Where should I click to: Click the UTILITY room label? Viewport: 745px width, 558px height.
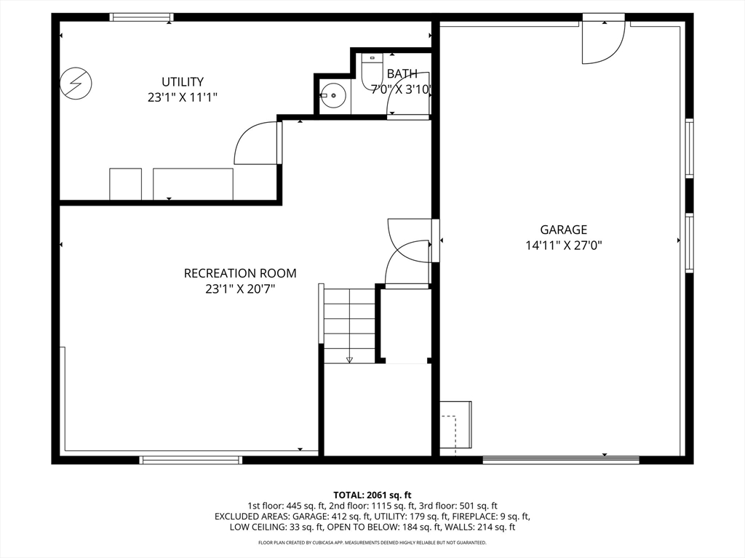tap(183, 81)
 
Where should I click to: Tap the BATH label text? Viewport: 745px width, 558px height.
tap(402, 73)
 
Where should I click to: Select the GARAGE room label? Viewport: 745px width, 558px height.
tap(564, 230)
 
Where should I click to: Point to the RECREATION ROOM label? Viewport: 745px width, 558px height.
tap(240, 273)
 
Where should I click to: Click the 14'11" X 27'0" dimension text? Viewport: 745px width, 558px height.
tap(564, 246)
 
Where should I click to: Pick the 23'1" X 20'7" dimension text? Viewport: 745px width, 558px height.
tap(240, 289)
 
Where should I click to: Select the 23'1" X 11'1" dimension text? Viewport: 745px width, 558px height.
tap(183, 97)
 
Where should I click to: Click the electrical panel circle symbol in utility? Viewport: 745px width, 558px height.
tap(76, 84)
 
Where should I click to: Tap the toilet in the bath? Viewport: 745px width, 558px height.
tap(372, 71)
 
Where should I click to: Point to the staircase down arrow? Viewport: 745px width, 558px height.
tap(349, 360)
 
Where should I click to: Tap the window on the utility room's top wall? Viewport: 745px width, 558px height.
tap(141, 17)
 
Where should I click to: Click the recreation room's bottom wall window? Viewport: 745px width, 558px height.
tap(191, 460)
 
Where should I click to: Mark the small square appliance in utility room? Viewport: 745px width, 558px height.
tap(125, 184)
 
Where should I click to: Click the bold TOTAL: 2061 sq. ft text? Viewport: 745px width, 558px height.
tap(372, 496)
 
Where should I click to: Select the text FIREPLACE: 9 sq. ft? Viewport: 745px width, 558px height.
tap(490, 517)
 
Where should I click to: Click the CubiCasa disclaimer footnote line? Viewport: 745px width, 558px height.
tap(372, 542)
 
